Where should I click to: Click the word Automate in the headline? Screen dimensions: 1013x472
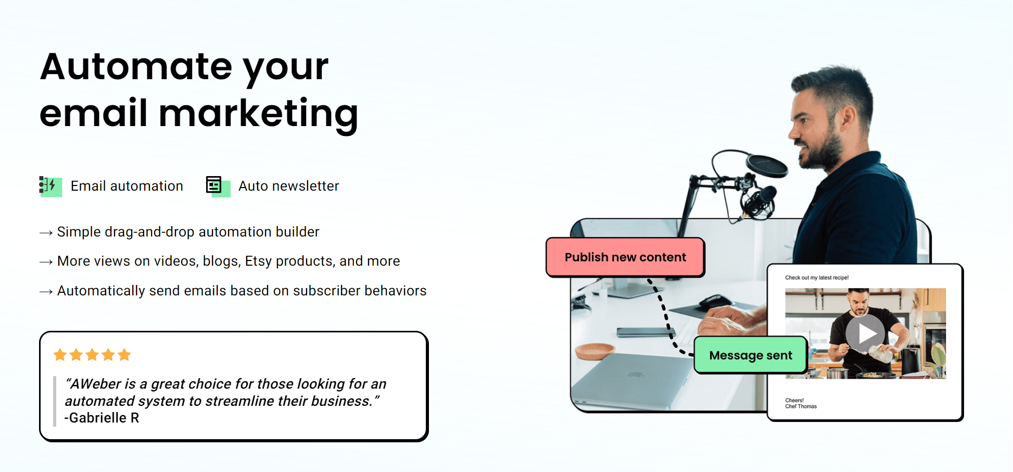point(136,66)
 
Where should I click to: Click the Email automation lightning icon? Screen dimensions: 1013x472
point(50,186)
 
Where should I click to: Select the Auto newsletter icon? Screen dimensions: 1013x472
point(218,186)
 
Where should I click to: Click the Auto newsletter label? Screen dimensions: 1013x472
point(288,186)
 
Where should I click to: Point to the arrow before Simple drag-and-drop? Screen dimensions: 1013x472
point(46,232)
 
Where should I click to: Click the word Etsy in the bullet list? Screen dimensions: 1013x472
point(258,261)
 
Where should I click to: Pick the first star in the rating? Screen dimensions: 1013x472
point(60,355)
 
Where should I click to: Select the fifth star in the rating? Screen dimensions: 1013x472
point(124,355)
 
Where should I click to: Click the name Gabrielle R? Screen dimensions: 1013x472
point(102,418)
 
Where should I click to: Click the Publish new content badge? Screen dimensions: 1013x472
point(625,257)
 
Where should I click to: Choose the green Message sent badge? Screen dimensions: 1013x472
point(751,355)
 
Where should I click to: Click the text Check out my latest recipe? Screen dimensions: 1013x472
point(817,278)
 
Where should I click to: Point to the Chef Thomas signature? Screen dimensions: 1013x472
point(801,406)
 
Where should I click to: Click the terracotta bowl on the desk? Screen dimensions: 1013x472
point(595,351)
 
